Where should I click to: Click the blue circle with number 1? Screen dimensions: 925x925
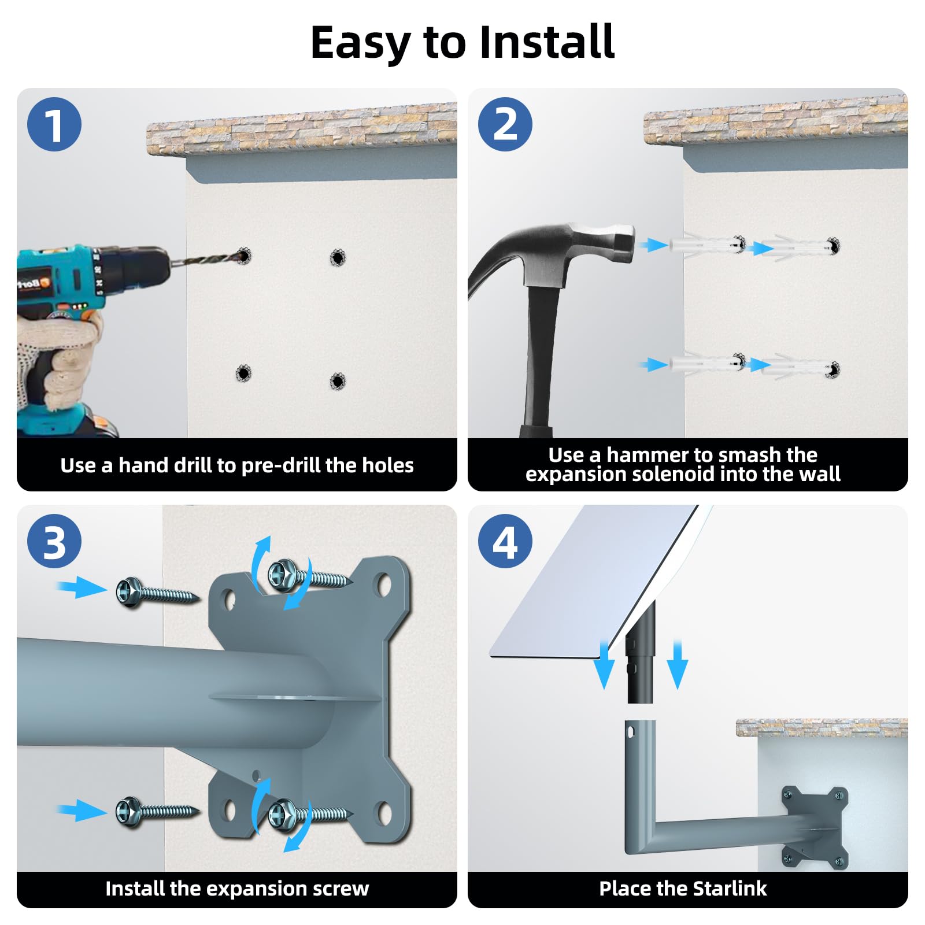54,124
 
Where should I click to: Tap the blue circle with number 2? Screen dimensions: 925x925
505,124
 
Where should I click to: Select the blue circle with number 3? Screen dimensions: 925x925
54,541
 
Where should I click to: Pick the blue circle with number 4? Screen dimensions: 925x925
505,541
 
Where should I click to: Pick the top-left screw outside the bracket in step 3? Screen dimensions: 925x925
157,592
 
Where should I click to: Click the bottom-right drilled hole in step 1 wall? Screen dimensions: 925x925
338,381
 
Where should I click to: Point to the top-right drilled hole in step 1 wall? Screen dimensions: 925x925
338,257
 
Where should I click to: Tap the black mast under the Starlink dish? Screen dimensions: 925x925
641,653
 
